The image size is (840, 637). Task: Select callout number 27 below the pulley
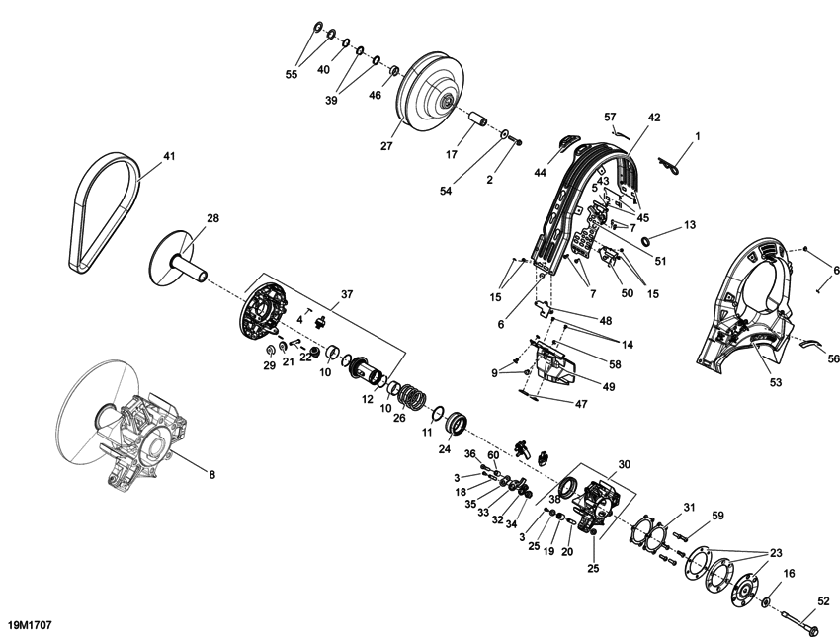tap(386, 147)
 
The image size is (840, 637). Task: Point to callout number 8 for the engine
tap(210, 474)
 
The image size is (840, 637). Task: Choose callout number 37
tap(346, 294)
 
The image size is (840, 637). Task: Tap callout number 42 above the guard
tap(653, 117)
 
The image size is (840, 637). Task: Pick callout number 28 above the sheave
tap(212, 218)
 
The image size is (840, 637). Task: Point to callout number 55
tap(292, 74)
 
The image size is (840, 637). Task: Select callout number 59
tap(717, 515)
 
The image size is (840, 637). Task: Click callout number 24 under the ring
tap(445, 448)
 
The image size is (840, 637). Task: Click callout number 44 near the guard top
tap(541, 173)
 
